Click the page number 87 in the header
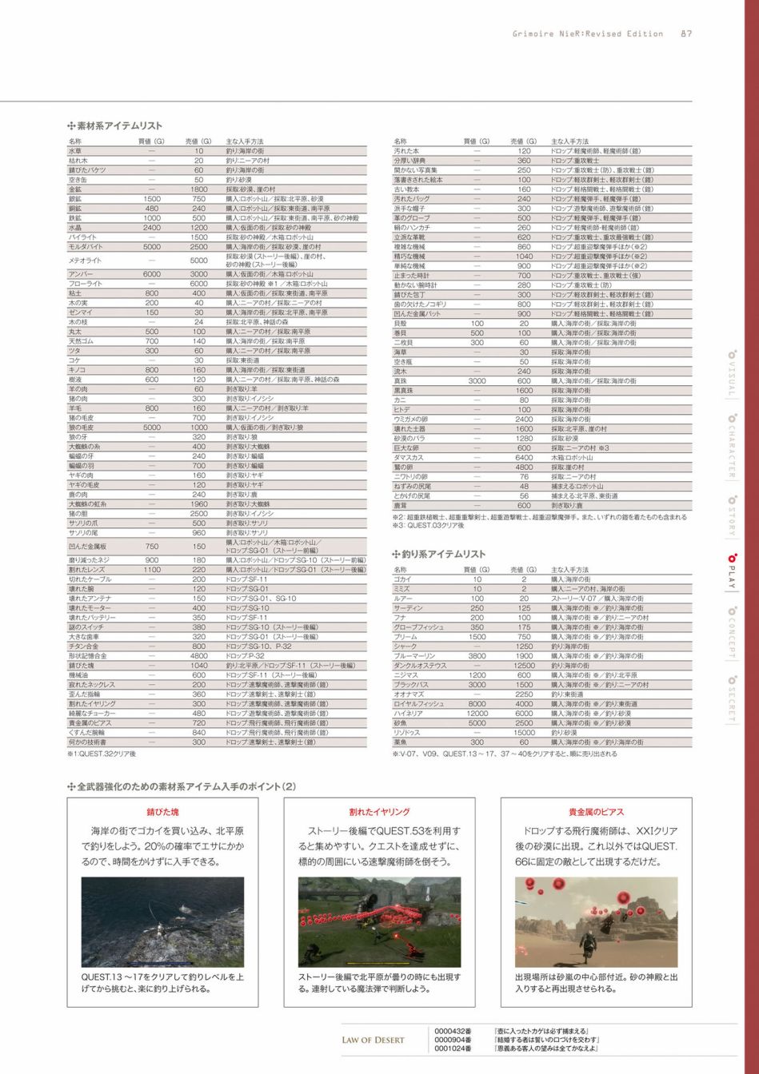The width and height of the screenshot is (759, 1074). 686,34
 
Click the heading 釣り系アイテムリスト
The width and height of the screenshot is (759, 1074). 443,554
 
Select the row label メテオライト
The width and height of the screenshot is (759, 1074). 83,261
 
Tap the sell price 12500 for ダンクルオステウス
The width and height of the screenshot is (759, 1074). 524,666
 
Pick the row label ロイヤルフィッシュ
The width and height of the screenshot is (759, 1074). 417,704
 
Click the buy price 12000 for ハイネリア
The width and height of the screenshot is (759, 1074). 477,714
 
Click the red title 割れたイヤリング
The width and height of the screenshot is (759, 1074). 379,812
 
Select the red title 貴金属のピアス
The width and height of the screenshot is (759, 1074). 596,812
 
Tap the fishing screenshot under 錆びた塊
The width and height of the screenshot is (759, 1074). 162,921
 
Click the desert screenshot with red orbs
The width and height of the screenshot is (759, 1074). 596,921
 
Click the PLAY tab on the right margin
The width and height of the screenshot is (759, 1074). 730,571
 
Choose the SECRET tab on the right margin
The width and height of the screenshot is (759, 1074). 730,698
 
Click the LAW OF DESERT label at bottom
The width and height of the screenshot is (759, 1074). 373,1040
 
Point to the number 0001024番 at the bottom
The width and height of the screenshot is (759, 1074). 453,1048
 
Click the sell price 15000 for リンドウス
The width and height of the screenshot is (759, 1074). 524,733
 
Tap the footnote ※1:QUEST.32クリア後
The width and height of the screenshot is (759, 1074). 102,754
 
